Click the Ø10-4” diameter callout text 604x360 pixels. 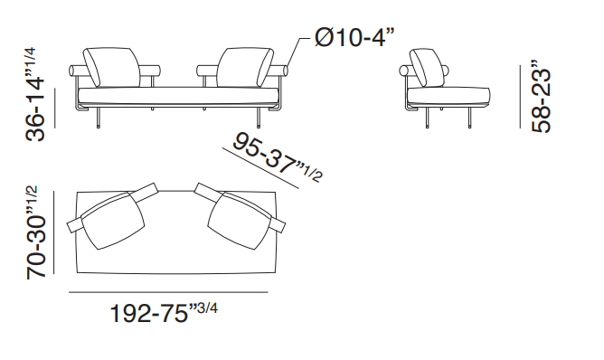(x=354, y=38)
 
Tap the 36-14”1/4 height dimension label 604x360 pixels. (x=35, y=94)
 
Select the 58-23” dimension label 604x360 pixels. (x=542, y=97)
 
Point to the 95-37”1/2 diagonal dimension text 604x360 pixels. (x=278, y=157)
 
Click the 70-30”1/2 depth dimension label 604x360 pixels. (x=35, y=232)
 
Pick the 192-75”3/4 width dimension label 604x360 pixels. (x=164, y=312)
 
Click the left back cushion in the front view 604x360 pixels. (x=112, y=68)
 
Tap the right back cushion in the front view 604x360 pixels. (x=245, y=68)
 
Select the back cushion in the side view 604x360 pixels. (x=427, y=68)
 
